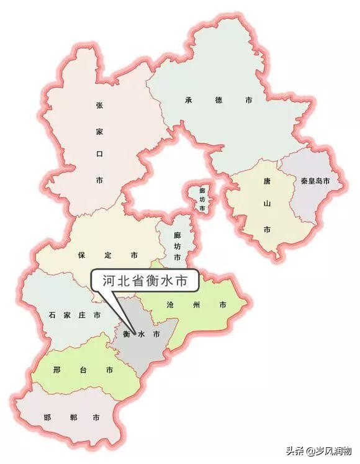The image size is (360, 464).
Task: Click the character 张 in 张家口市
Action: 99,106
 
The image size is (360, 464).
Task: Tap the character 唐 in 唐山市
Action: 267,181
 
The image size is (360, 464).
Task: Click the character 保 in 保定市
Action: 81,255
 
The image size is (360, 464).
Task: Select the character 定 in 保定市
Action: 107,255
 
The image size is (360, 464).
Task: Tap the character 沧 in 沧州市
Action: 171,305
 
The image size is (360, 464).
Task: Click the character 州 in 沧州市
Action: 197,305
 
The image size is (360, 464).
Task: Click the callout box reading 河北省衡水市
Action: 145,281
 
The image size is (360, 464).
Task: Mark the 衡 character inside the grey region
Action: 126,334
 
